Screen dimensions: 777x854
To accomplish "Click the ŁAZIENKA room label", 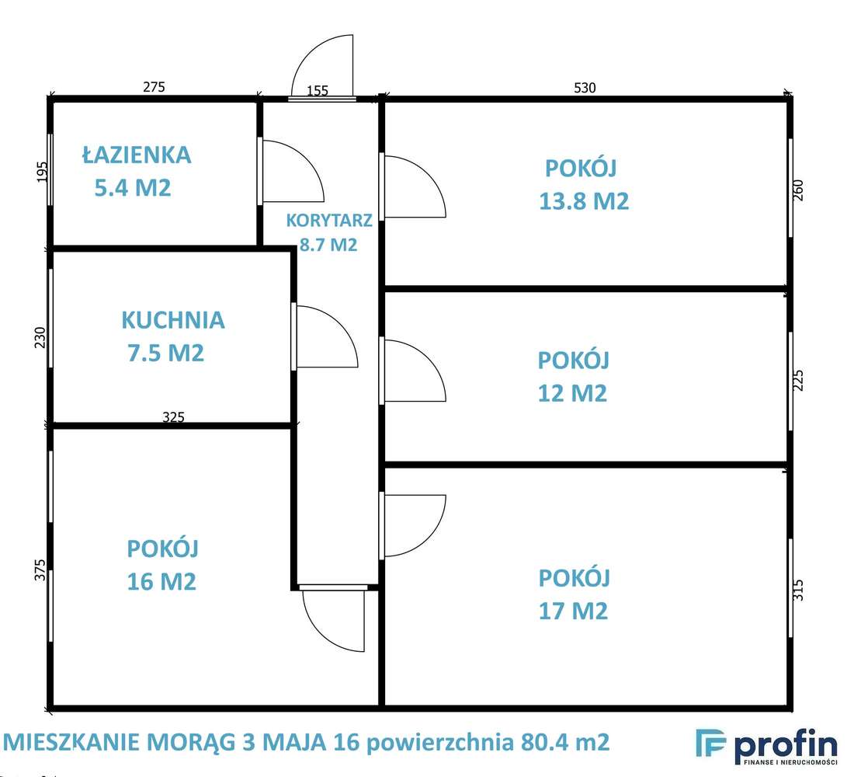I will (x=136, y=155).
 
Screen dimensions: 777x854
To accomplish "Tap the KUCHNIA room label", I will (x=172, y=320).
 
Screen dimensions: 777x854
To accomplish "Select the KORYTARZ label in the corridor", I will (x=329, y=220).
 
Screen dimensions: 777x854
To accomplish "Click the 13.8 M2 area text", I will (x=583, y=201).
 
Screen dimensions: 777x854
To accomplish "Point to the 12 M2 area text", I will (x=572, y=393).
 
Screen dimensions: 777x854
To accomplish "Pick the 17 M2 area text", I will (x=572, y=611).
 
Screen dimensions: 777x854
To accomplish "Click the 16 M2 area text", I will (x=161, y=581).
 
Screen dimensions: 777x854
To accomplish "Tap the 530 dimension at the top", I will (x=585, y=88).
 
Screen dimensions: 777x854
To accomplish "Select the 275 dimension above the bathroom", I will (x=154, y=87).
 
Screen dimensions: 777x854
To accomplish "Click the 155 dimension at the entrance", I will (x=318, y=91).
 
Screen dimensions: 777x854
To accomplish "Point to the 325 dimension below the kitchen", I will (x=173, y=417).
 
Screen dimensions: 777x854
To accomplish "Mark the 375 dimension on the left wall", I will (x=41, y=570).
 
